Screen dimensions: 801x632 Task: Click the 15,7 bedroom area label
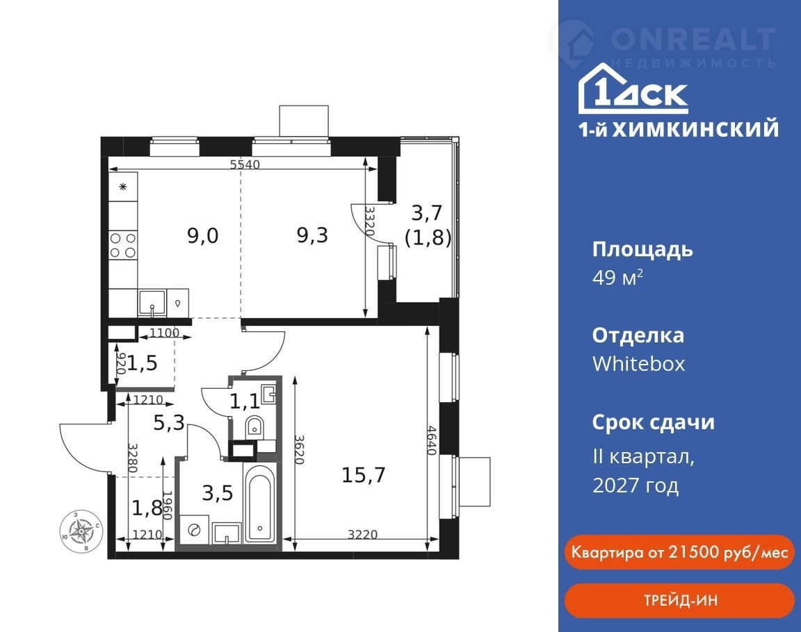point(363,476)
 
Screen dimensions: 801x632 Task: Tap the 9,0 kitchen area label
point(203,235)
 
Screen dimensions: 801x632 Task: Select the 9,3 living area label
point(312,235)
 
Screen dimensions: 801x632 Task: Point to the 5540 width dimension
point(245,164)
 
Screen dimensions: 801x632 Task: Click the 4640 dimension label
point(432,441)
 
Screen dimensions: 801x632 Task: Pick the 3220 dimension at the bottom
point(363,534)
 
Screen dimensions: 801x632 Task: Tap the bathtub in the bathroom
point(261,503)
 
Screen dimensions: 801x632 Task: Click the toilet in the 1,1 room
point(254,426)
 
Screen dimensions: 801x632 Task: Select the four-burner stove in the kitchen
point(123,245)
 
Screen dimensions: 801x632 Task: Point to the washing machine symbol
point(194,531)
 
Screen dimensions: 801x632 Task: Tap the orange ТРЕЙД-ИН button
point(680,600)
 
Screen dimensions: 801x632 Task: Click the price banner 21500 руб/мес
point(680,552)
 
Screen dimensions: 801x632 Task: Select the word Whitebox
point(638,364)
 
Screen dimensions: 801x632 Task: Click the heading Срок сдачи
point(654,422)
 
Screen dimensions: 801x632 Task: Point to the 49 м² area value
point(617,278)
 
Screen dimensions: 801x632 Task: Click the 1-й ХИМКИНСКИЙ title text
point(679,129)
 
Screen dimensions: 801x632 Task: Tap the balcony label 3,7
point(426,213)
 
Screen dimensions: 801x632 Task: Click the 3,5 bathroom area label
point(218,493)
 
